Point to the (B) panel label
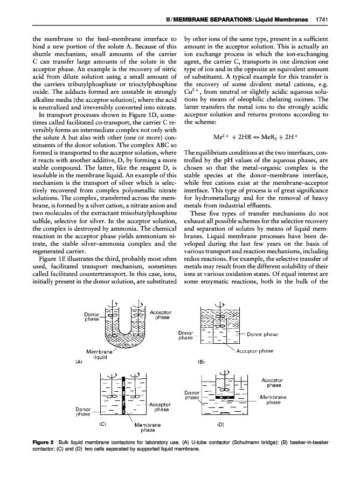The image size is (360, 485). click(x=202, y=362)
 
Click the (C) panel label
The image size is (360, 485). click(x=101, y=424)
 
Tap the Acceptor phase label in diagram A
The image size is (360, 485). click(x=160, y=315)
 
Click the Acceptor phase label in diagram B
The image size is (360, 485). click(x=255, y=351)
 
